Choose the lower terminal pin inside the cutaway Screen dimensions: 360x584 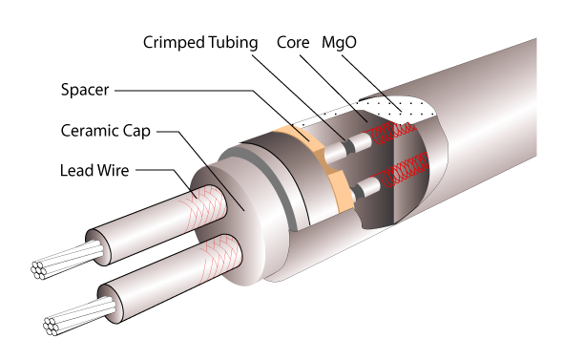tap(363, 191)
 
